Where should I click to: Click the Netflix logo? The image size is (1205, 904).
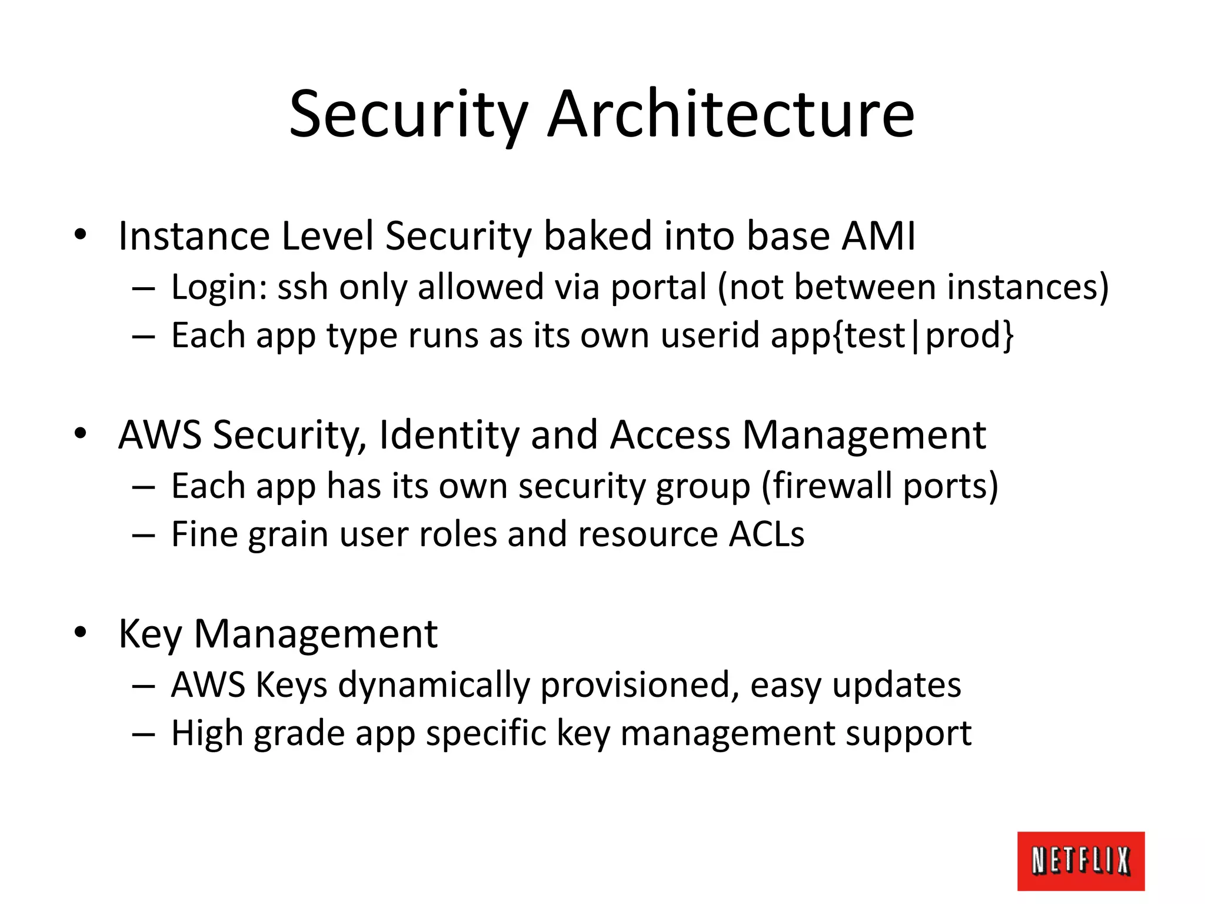coord(1080,860)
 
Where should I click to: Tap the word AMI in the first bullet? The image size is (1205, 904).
coord(878,235)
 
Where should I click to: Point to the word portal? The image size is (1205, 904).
coord(658,288)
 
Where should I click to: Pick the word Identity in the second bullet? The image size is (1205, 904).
coord(450,436)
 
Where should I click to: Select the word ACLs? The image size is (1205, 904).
coord(767,534)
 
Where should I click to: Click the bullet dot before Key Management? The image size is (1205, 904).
coord(81,633)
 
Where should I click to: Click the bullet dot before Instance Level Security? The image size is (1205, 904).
coord(81,235)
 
